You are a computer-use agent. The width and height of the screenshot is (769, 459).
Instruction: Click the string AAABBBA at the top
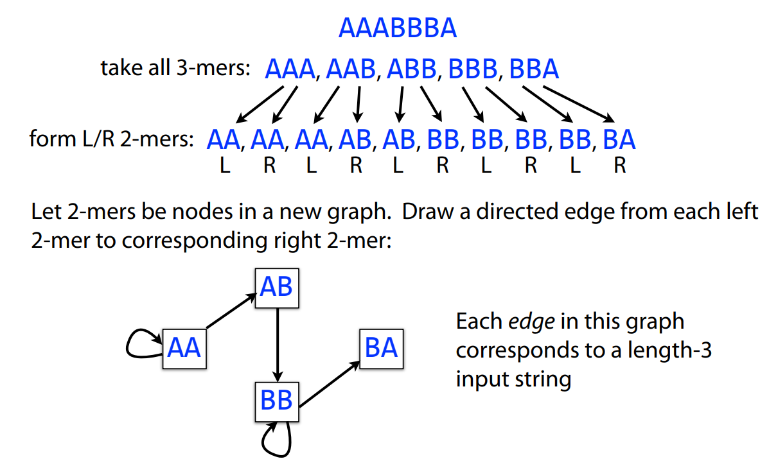pos(397,28)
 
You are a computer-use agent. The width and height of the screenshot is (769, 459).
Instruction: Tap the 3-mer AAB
pos(350,69)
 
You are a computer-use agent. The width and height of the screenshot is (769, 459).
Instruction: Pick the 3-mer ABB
pos(411,69)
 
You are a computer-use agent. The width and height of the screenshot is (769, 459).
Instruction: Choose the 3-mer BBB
pos(472,69)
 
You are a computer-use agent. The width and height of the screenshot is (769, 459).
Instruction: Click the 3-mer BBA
pos(533,69)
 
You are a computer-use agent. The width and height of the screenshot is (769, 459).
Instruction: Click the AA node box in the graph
pos(184,348)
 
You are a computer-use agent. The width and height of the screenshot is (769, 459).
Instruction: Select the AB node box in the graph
pos(278,287)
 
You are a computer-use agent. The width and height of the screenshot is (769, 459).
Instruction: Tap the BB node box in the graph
pos(277,401)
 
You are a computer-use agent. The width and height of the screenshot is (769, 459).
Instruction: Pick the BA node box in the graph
pos(382,348)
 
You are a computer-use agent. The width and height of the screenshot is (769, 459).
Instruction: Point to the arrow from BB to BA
pos(328,383)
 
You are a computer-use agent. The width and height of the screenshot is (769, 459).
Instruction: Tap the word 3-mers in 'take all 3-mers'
pos(213,67)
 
